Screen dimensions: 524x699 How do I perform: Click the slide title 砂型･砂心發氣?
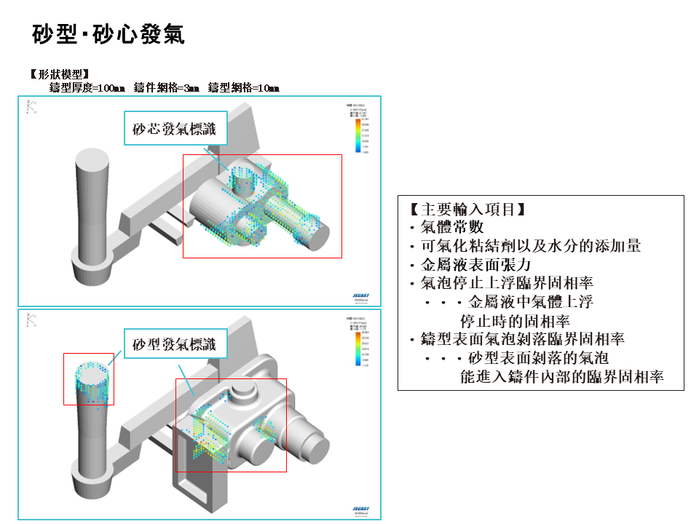point(108,34)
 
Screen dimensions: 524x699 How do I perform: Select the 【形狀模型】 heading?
point(60,74)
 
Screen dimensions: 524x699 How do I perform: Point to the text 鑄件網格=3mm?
point(167,88)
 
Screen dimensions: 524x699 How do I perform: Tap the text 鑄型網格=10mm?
point(243,88)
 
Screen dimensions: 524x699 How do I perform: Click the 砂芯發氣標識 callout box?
point(175,128)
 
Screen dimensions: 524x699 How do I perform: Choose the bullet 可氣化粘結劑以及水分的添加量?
point(525,246)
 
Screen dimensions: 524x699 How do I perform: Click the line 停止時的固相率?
point(515,321)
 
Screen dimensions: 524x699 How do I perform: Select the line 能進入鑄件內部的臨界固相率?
point(561,377)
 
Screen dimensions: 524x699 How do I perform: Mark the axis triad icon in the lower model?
point(31,319)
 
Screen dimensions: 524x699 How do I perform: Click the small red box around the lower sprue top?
point(88,378)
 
